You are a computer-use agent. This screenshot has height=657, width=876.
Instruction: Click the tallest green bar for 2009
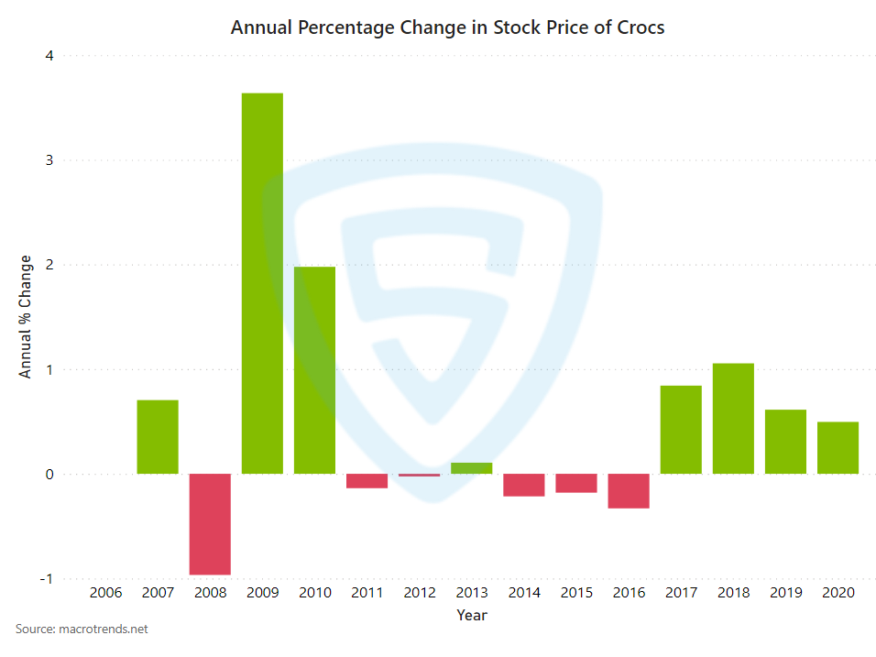(x=262, y=283)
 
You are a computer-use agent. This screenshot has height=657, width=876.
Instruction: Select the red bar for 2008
(x=210, y=524)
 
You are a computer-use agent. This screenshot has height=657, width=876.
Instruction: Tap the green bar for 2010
(x=314, y=370)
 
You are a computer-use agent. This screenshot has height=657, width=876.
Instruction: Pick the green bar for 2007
(x=158, y=437)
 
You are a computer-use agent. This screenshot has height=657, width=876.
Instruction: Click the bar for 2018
(x=733, y=419)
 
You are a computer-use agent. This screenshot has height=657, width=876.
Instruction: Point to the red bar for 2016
(x=629, y=491)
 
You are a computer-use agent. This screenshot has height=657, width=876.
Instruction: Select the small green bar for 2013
(x=472, y=468)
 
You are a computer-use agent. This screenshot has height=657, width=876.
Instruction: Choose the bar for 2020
(x=838, y=448)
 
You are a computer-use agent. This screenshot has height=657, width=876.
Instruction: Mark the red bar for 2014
(x=524, y=485)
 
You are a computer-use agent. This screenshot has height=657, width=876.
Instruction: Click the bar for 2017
(x=681, y=430)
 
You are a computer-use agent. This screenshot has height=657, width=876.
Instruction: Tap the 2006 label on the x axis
(x=105, y=593)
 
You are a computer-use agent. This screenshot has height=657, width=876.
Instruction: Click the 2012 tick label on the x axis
(x=420, y=593)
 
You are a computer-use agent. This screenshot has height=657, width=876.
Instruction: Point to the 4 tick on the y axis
(x=49, y=56)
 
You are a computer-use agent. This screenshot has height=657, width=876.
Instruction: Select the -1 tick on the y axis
(x=47, y=579)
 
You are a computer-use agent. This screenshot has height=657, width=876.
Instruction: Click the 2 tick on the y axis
(x=49, y=265)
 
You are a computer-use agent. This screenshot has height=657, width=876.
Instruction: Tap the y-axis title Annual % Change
(x=26, y=317)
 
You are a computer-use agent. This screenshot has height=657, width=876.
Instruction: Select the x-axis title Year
(x=472, y=615)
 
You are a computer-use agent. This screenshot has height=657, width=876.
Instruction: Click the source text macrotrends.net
(x=103, y=630)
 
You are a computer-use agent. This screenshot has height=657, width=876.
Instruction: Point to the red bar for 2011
(x=367, y=481)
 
